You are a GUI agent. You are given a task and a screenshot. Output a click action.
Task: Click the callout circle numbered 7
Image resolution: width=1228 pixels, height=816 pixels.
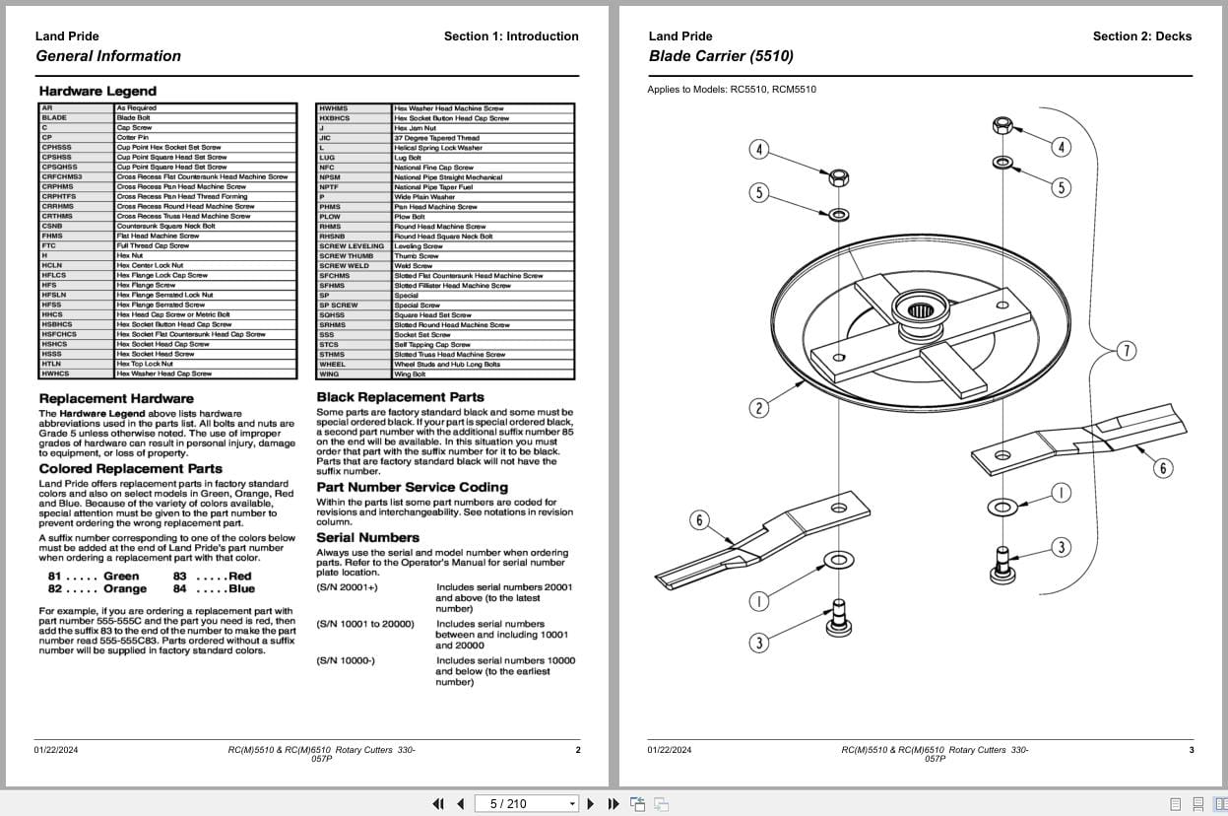coord(1127,350)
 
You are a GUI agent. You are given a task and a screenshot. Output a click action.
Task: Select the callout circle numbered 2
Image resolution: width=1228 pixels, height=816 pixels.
coord(758,408)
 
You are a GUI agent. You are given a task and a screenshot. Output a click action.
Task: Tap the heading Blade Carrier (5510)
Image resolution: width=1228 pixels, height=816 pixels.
coord(721,56)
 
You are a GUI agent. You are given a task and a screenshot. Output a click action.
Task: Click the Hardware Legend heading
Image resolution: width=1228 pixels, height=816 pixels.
coord(97,91)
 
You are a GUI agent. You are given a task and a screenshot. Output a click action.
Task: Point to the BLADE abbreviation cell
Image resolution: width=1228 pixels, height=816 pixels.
coord(54,118)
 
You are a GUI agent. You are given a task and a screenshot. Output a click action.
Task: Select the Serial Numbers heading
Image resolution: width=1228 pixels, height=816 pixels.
coord(367,537)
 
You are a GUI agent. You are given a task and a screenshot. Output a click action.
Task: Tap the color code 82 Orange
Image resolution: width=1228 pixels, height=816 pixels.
coord(97,589)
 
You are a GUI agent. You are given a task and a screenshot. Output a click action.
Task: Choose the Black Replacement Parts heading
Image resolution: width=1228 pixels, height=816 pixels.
coord(400,397)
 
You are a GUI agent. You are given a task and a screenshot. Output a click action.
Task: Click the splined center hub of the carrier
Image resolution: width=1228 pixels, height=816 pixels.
coord(920,311)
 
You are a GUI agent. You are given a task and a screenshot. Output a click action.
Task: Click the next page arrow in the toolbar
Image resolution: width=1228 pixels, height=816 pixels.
coord(591,803)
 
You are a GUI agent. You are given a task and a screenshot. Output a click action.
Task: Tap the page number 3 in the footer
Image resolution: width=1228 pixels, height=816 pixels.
coord(1191,750)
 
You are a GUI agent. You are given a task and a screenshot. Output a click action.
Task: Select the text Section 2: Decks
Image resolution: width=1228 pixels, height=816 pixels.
coord(1141,36)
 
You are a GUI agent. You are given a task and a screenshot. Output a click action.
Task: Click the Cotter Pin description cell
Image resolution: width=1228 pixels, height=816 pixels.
coord(133,138)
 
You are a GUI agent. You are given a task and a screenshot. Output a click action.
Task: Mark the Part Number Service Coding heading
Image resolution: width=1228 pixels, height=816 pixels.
coord(412,487)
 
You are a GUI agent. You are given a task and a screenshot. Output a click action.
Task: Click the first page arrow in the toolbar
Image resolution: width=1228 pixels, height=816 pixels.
coord(439,803)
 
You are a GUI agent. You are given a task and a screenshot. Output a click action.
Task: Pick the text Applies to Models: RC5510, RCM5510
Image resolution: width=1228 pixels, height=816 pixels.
coord(731,90)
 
